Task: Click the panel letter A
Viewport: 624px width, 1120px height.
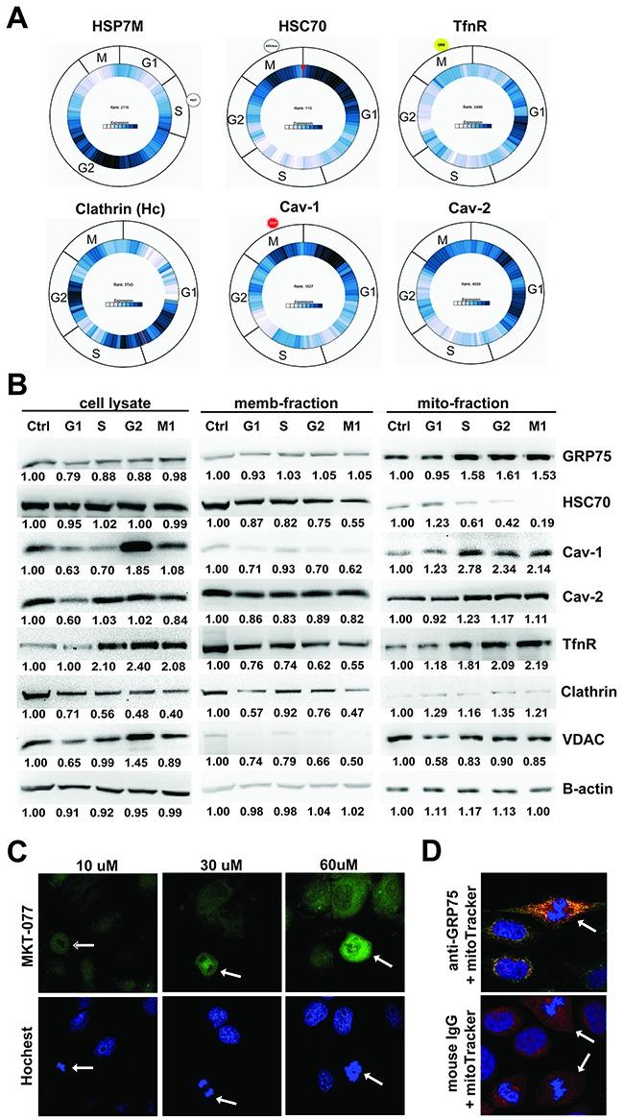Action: coord(17,17)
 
